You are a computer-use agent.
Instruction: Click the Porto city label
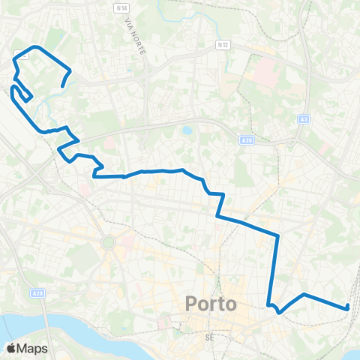210,305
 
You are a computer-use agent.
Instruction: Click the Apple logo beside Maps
12,348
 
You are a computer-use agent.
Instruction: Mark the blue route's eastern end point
348,306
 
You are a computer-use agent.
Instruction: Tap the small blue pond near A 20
186,130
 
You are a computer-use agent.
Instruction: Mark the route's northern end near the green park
61,86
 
